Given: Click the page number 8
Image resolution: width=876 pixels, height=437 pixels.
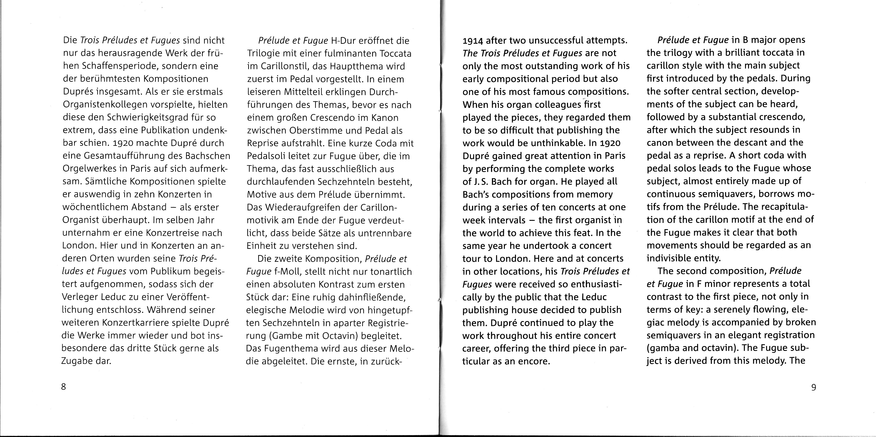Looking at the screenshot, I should (x=63, y=387).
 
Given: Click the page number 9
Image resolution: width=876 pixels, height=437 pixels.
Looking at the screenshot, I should (x=814, y=387).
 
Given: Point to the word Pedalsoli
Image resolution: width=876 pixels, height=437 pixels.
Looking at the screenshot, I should (x=267, y=156).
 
